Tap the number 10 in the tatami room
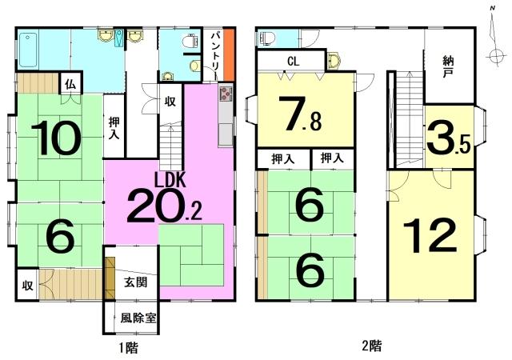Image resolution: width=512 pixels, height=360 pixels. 56,138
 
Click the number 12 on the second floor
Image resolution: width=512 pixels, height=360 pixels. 430,235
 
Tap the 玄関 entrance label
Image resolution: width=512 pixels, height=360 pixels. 135,282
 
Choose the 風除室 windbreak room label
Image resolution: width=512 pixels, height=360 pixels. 138,318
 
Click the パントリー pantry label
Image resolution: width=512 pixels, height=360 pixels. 214,55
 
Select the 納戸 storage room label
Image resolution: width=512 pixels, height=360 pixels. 449,66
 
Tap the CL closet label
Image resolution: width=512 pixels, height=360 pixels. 294,62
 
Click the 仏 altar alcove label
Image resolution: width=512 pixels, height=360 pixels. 71,85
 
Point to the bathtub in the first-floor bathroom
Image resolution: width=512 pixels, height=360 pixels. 28,50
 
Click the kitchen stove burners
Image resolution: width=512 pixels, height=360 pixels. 226,94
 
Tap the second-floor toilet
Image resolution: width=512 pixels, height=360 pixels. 268,39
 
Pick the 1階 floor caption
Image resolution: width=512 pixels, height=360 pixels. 128,347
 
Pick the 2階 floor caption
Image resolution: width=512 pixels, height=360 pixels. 372,345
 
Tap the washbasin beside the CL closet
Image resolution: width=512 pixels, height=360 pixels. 334,61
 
